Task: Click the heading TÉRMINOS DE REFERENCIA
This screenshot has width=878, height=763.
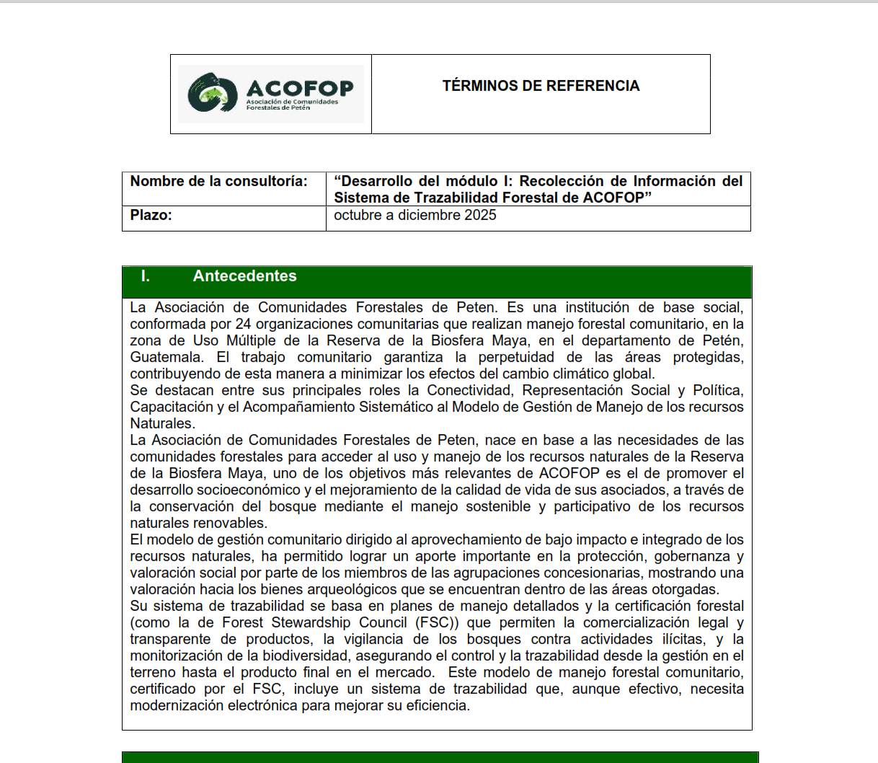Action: [541, 86]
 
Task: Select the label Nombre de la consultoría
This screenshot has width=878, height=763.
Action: [218, 181]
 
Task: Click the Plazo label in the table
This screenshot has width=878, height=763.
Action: [151, 215]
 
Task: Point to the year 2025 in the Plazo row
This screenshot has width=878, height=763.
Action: [481, 215]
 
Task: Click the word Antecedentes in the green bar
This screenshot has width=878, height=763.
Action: [244, 276]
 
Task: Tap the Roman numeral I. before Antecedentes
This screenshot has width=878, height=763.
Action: [145, 276]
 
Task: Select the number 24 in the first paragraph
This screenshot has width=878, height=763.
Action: [243, 324]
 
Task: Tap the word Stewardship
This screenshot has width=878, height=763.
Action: [314, 622]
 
